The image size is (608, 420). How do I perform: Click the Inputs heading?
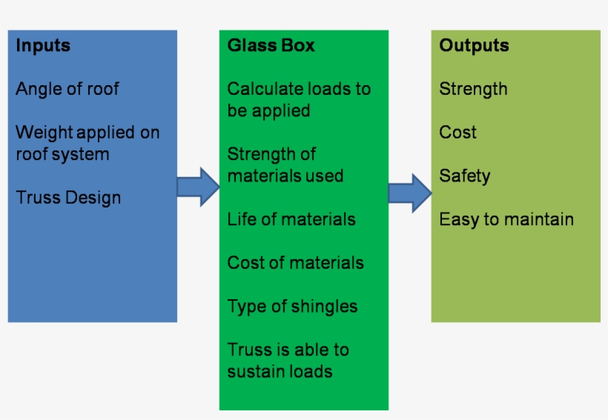point(43,45)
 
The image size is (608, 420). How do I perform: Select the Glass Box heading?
point(271,45)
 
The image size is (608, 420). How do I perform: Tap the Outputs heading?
point(474,45)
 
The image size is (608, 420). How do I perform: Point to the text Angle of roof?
point(67,89)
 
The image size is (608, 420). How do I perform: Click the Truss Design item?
point(68,198)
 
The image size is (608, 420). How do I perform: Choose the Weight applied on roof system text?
point(87,143)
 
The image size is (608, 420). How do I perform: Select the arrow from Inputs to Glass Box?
point(198,187)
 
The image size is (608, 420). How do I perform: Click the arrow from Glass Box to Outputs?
point(410,193)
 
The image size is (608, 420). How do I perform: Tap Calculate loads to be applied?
point(298,99)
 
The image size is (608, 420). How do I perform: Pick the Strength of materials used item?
point(285,164)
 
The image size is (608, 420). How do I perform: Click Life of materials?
point(291,219)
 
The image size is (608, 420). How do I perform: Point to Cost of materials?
point(295,263)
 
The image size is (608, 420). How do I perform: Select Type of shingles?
point(292,307)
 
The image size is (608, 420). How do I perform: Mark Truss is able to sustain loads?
point(288,360)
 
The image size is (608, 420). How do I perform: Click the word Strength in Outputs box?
point(473,89)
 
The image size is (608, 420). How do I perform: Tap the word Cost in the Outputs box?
point(457,133)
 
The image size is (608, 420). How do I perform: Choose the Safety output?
point(464,176)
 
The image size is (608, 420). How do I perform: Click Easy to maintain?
point(506,219)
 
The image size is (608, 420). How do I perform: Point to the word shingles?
point(325,307)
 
